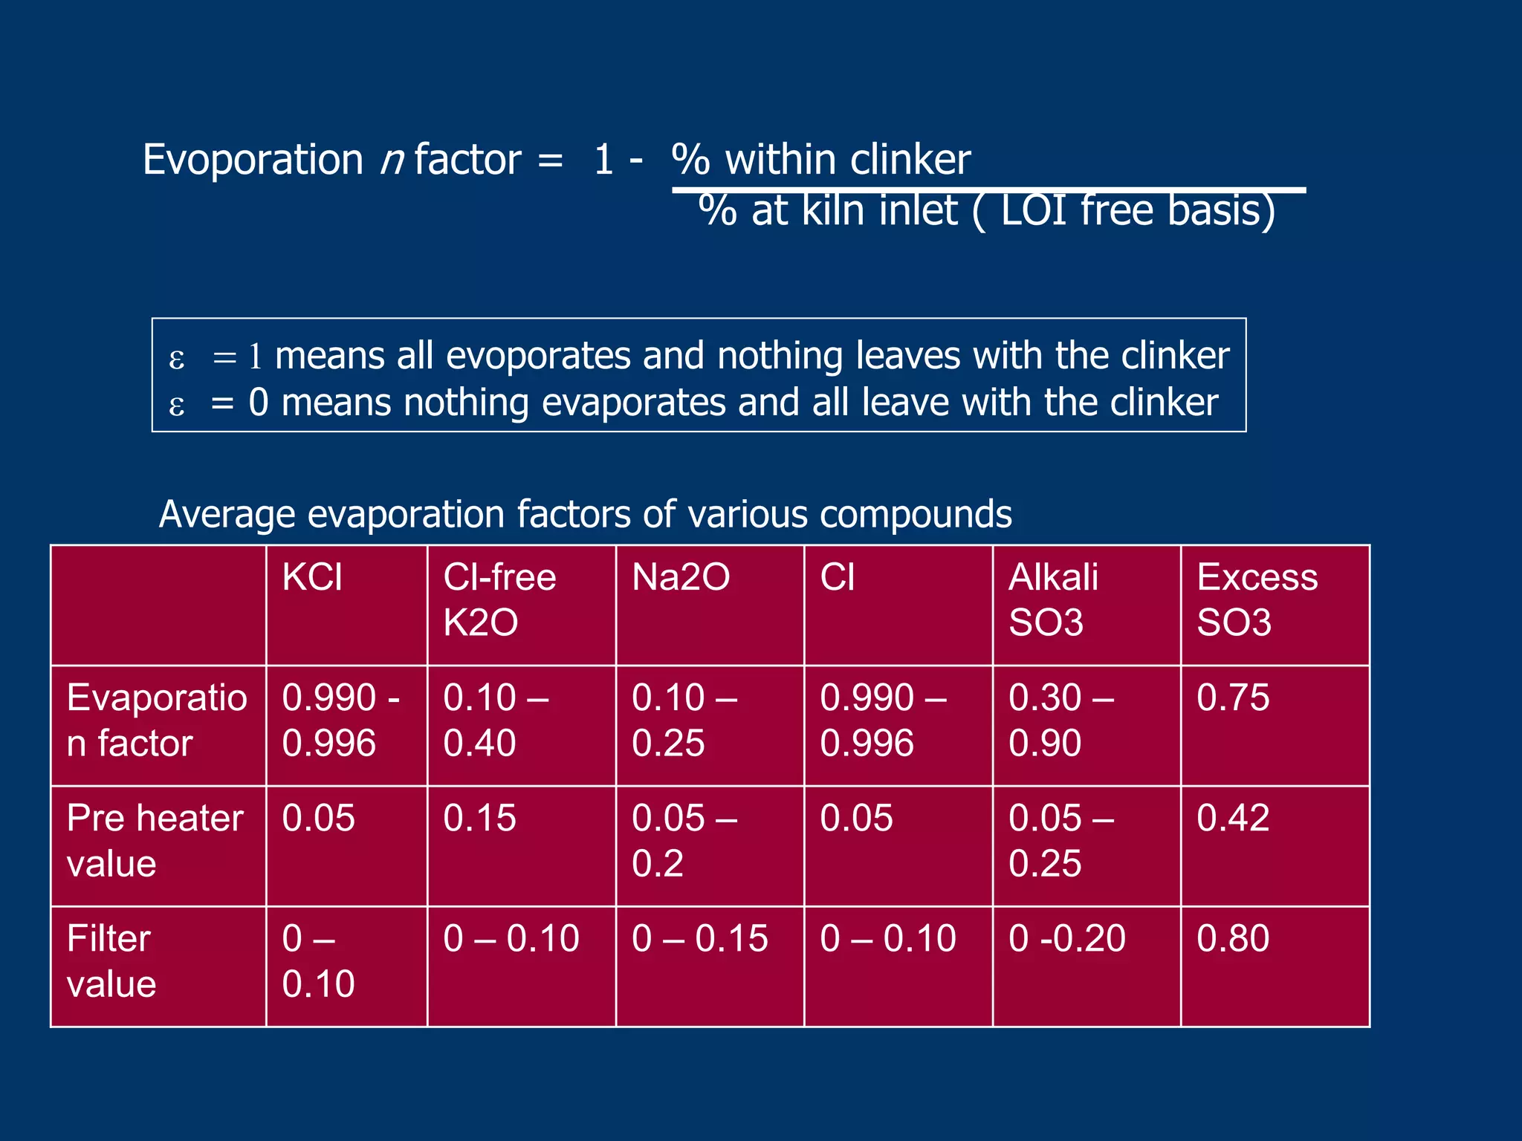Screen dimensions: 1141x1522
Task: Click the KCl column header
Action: [x=312, y=577]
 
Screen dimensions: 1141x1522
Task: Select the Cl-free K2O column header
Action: [x=499, y=599]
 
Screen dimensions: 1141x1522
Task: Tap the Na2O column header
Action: [x=681, y=577]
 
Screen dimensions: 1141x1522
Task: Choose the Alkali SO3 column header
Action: [x=1052, y=599]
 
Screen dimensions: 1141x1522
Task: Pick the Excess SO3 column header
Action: [x=1257, y=599]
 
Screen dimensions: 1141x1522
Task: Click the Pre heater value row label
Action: [x=155, y=840]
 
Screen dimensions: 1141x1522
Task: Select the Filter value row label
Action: [x=111, y=960]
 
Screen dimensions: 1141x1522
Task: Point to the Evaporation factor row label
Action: [x=156, y=720]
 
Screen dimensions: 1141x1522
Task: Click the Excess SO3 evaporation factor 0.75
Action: [x=1233, y=698]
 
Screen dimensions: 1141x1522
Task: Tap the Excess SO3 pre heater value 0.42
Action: [x=1233, y=818]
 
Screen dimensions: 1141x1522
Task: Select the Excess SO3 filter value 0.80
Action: [x=1233, y=938]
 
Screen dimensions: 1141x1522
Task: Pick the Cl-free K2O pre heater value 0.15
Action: [x=479, y=818]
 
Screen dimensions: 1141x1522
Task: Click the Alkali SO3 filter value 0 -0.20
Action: [x=1066, y=938]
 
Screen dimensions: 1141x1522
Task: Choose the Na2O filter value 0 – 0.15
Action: [x=699, y=938]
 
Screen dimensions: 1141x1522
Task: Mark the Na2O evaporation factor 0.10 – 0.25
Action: [x=684, y=720]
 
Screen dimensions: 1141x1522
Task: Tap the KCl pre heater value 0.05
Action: [x=318, y=818]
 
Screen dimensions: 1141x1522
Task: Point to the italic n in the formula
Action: [x=391, y=160]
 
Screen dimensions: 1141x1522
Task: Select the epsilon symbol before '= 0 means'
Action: [x=177, y=406]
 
